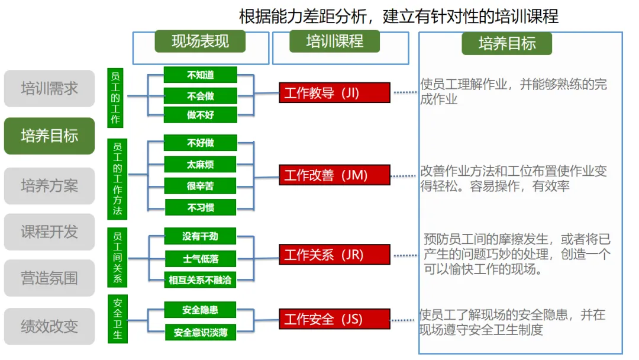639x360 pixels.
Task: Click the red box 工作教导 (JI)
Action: point(334,93)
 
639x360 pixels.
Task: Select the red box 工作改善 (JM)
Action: point(334,175)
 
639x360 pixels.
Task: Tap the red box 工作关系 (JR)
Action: point(334,255)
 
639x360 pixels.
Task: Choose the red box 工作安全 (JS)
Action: point(334,319)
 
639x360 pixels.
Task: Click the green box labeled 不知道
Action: point(201,75)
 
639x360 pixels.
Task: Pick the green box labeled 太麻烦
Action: point(201,164)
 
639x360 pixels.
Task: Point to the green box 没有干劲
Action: point(201,236)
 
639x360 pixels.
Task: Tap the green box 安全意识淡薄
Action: point(201,332)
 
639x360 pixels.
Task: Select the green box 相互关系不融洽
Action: point(201,279)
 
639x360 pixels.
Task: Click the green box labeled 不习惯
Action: point(201,207)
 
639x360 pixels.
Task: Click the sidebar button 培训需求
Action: point(49,89)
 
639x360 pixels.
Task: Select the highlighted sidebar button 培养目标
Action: point(49,136)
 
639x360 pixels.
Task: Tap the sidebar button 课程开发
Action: point(49,232)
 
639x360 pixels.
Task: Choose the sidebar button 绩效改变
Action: point(49,326)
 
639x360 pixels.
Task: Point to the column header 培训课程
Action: point(334,41)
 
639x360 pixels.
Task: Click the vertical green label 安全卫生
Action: point(117,319)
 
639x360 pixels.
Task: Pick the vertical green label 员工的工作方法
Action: point(117,178)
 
